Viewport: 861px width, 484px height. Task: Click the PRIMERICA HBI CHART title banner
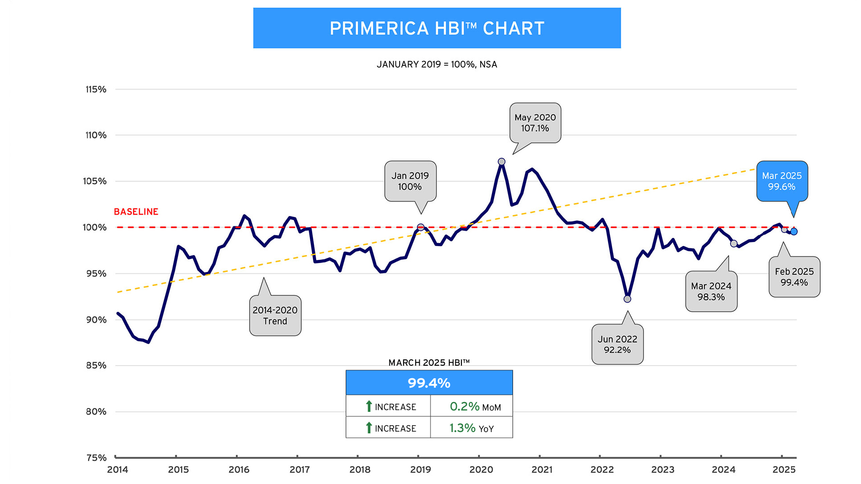coord(437,28)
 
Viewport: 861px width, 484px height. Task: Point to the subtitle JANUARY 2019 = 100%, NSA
coord(437,65)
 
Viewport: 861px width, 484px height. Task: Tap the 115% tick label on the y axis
coord(96,89)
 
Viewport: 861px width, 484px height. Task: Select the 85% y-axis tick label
coord(96,365)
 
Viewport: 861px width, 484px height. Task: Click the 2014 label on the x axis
coord(117,470)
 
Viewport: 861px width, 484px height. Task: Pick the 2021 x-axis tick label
coord(542,470)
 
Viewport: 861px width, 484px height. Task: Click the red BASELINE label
coord(136,212)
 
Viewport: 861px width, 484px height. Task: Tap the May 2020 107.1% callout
coord(535,123)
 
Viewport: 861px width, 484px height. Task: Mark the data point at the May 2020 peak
coord(501,162)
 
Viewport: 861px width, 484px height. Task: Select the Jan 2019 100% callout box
coord(410,181)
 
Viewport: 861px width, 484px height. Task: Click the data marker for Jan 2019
coord(421,227)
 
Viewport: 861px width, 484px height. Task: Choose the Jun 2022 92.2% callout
coord(617,344)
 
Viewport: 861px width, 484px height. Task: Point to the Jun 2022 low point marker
coord(627,299)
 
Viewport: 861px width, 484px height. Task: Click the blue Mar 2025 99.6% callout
coord(782,181)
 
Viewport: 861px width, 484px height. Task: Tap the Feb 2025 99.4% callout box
coord(794,277)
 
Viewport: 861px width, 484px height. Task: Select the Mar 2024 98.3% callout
coord(711,291)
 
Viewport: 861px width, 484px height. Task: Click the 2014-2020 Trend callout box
coord(275,315)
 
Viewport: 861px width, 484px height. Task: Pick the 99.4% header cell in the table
coord(429,383)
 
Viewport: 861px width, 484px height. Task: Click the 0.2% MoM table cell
coord(471,406)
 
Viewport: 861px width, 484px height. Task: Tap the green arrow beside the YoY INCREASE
coord(369,428)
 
